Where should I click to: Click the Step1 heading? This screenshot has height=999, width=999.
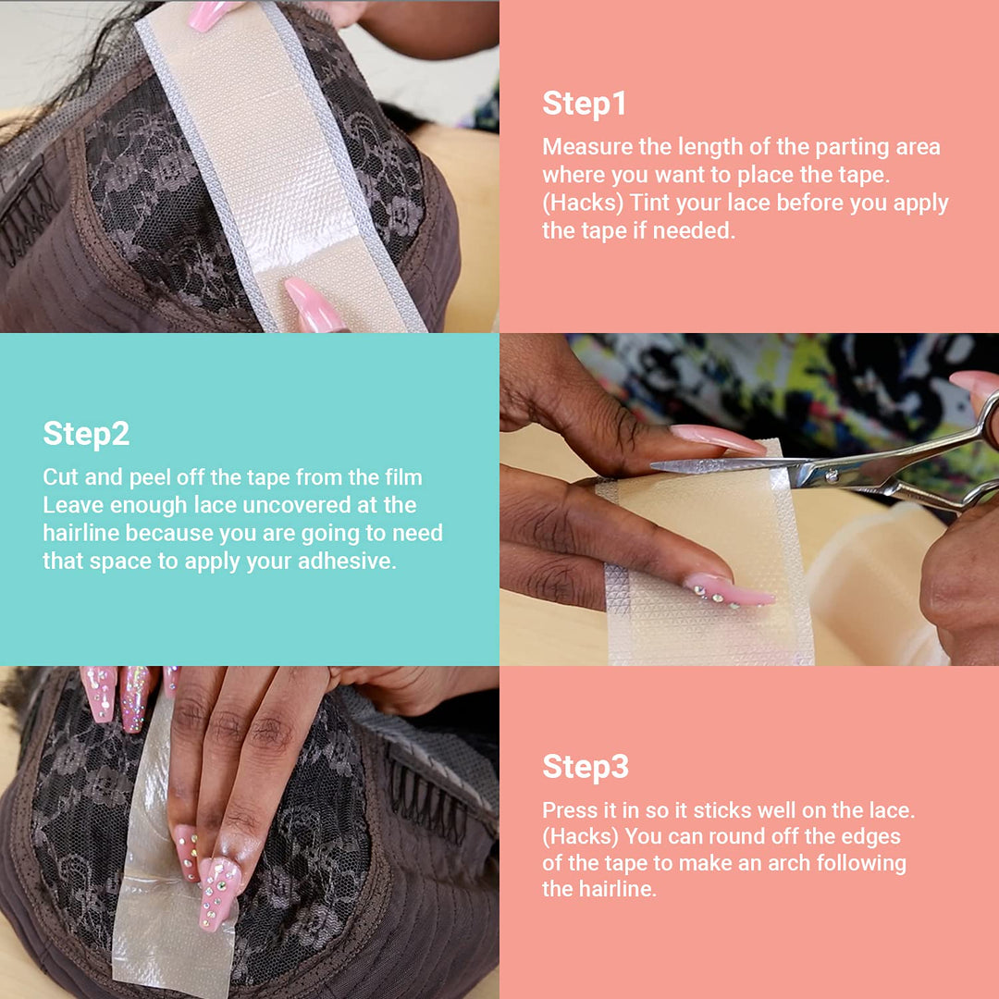(x=584, y=104)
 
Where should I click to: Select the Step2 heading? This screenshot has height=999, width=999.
(x=86, y=434)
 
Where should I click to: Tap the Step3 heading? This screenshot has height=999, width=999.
(x=586, y=767)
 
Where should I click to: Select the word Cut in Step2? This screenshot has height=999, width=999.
(x=59, y=477)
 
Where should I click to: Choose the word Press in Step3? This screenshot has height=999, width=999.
(x=568, y=809)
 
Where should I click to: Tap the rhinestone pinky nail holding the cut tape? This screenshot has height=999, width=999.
(x=730, y=591)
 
